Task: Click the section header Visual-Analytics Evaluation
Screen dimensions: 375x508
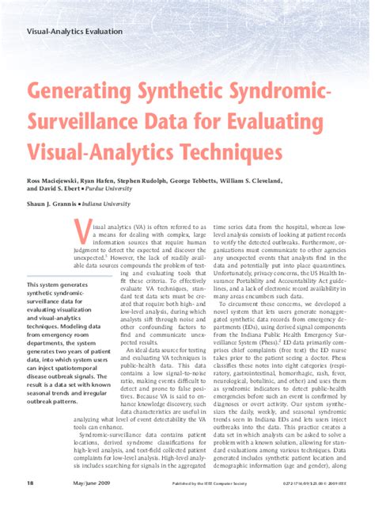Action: click(75, 32)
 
